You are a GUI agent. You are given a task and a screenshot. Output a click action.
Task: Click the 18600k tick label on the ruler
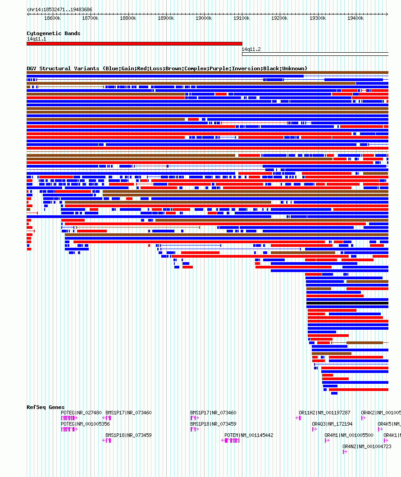tap(52, 18)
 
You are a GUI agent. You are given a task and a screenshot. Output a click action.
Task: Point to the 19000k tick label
tap(204, 18)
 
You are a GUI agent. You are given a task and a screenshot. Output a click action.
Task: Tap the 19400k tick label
tap(355, 18)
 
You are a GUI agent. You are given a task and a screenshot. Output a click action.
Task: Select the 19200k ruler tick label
tap(279, 18)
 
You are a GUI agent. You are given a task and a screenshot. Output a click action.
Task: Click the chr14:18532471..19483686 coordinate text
tap(59, 9)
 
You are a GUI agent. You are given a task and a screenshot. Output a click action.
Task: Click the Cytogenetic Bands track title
tap(53, 33)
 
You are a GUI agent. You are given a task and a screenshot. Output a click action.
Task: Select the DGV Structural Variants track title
tap(167, 68)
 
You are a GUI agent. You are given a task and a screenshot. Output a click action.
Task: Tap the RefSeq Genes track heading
tap(46, 407)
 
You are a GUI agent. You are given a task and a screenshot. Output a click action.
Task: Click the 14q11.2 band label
tap(251, 49)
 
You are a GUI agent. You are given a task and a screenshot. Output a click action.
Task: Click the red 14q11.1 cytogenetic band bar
tap(134, 44)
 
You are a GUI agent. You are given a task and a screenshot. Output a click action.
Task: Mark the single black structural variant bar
tap(347, 303)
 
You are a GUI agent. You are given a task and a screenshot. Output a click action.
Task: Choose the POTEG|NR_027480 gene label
tap(81, 413)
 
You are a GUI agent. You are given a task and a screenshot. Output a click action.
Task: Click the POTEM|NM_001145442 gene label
tap(249, 435)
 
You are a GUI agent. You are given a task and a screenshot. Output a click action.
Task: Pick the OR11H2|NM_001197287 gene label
tap(324, 413)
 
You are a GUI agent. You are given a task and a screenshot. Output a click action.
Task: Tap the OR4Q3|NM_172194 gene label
tap(332, 424)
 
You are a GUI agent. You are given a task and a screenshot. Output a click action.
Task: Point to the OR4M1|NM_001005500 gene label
tap(349, 435)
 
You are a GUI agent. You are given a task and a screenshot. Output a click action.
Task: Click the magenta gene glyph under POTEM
tap(231, 441)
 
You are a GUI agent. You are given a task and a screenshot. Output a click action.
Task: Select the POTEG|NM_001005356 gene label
tap(85, 424)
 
